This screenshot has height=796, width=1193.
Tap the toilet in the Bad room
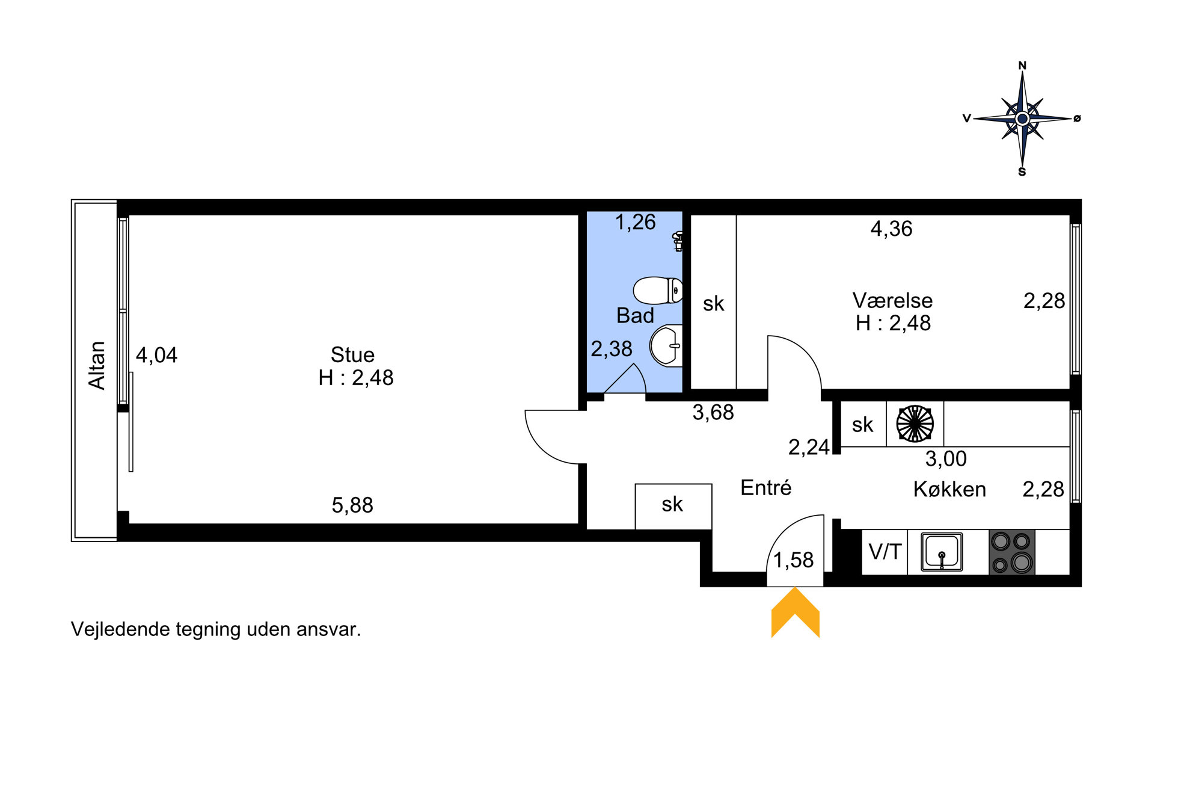658,291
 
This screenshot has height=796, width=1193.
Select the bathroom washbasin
666,346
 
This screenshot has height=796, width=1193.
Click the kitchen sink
942,552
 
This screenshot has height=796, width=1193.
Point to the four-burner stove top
1012,552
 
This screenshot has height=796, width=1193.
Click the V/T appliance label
885,551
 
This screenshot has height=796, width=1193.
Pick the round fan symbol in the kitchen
915,424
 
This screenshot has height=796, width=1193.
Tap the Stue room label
352,354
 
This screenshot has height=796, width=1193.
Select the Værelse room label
892,300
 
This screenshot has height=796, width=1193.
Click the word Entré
765,487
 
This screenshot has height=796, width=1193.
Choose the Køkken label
949,489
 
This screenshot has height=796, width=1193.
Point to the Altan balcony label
97,365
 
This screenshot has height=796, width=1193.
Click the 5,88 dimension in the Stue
352,505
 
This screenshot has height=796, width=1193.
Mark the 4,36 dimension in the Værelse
891,229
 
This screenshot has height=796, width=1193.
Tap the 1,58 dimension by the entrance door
793,560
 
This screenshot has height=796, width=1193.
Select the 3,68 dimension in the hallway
713,412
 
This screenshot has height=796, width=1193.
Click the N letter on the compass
1022,66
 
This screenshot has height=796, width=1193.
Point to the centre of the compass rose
1022,119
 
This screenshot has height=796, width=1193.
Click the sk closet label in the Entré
672,504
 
